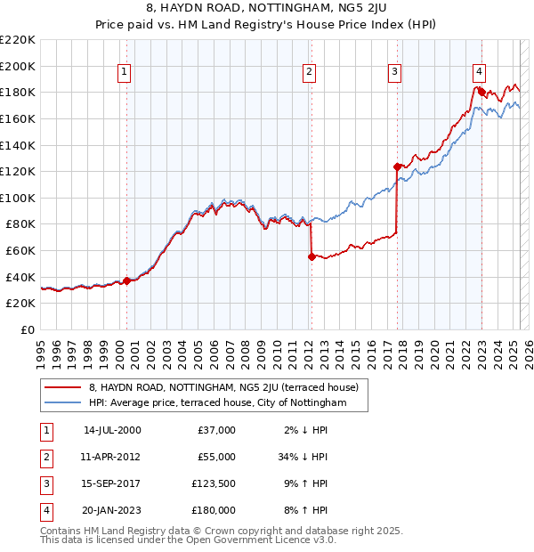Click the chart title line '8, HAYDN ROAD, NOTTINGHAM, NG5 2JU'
click(x=266, y=11)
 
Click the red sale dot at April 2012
click(x=311, y=256)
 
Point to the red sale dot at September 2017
click(x=397, y=166)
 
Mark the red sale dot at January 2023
click(x=481, y=91)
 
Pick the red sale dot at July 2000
click(x=126, y=280)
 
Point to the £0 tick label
click(x=27, y=329)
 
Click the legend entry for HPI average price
click(x=217, y=403)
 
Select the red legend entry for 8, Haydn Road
click(x=223, y=388)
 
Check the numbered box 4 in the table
click(x=44, y=510)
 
